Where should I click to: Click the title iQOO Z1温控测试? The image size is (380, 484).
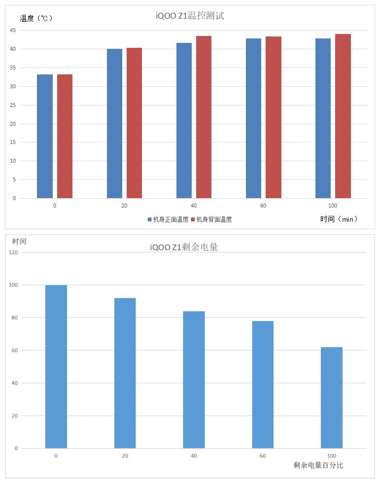190,16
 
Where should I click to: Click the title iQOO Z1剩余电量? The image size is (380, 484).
184,247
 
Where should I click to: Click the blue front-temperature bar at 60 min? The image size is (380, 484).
253,118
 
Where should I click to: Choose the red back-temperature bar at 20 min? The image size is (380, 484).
134,123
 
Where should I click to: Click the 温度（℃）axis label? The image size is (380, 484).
36,18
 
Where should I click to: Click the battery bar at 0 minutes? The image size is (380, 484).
56,367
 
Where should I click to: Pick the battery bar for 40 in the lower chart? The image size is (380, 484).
194,380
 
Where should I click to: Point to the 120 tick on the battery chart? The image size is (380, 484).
13,252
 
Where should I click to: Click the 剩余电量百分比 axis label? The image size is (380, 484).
318,465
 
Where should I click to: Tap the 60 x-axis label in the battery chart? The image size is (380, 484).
263,456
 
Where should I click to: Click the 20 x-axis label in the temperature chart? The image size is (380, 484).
124,206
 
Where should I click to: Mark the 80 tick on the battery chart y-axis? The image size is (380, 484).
14,318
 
